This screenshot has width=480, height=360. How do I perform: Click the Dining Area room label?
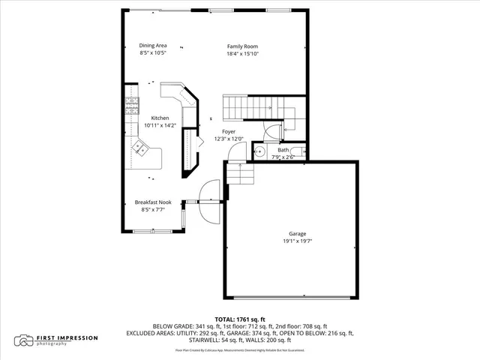(152, 46)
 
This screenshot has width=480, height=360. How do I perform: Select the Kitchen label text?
(160, 118)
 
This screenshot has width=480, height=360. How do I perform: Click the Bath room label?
(283, 150)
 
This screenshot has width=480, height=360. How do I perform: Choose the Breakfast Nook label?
(152, 202)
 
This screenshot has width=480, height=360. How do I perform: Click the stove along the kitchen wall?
(132, 105)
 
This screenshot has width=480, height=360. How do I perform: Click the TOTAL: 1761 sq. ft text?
(240, 319)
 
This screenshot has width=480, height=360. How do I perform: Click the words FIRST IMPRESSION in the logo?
(67, 337)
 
